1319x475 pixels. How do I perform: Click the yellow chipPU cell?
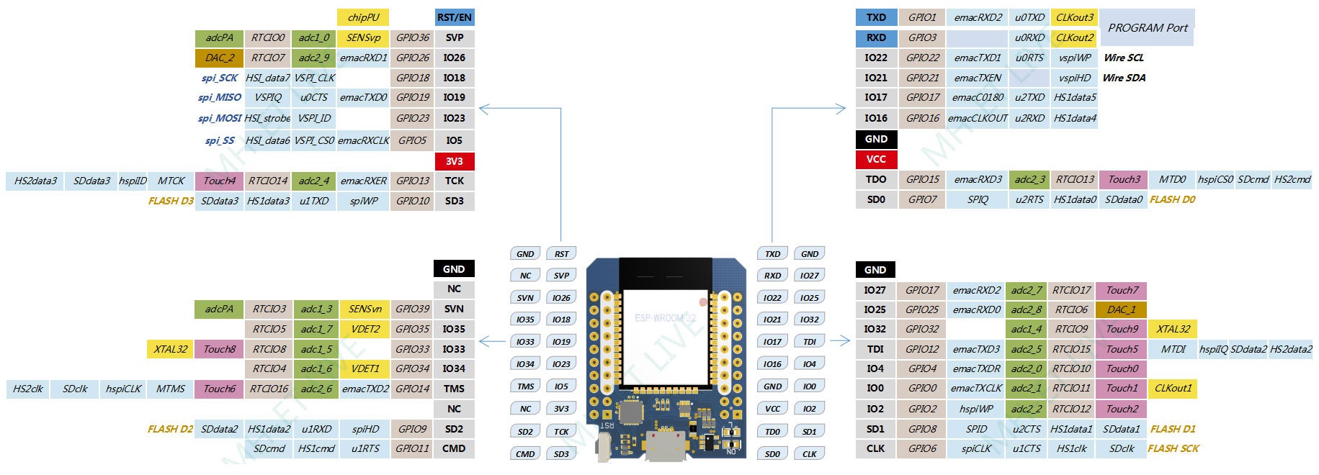pos(363,17)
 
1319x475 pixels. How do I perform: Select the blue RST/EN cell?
pos(455,17)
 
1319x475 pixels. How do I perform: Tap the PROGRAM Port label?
pos(1148,28)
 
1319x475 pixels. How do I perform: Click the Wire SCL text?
pos(1124,58)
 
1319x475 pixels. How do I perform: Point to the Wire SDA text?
pos(1124,78)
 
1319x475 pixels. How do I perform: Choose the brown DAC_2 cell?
pos(219,58)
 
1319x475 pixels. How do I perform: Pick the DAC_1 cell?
pos(1121,309)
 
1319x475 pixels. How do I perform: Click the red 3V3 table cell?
pos(455,161)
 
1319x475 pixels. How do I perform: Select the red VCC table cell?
pos(876,159)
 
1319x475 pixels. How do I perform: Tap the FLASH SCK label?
pos(1173,448)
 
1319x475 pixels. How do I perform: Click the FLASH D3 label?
pos(171,201)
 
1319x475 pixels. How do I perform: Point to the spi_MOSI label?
pos(219,118)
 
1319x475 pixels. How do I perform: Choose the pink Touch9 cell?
pos(1122,329)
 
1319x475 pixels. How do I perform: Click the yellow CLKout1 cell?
pos(1173,388)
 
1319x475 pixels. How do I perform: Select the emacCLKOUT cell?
pos(978,118)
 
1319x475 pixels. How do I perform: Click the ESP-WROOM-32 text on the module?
pos(665,317)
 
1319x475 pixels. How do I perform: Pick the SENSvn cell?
pos(365,309)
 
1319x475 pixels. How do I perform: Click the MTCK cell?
pos(171,181)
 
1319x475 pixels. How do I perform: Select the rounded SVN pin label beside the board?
pos(525,297)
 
